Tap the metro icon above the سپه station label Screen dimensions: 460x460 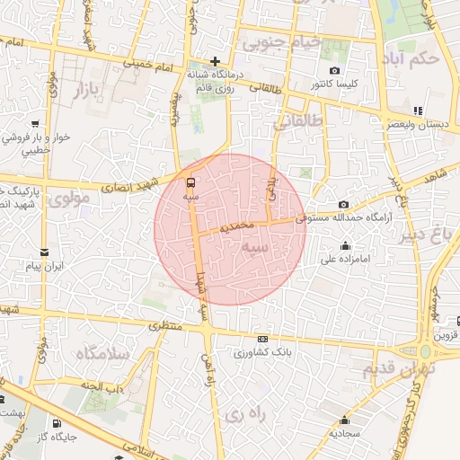[190, 181]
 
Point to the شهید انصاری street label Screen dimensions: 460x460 [133, 185]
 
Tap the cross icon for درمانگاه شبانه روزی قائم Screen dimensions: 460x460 [215, 60]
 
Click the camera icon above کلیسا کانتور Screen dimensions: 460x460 [334, 70]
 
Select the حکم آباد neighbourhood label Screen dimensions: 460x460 [409, 57]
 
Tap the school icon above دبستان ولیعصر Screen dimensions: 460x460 [417, 111]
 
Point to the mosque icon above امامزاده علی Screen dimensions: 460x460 [345, 246]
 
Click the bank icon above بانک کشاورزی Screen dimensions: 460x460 [262, 339]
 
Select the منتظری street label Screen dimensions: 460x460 [164, 326]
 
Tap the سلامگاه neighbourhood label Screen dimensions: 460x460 [102, 353]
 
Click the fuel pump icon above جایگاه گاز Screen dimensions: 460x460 [57, 423]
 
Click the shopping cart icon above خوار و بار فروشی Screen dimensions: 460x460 [35, 124]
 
